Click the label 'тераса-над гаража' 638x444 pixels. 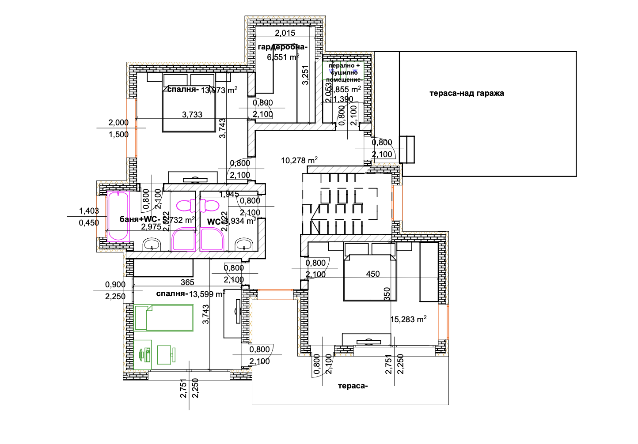(x=467, y=93)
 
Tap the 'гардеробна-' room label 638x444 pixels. (x=282, y=47)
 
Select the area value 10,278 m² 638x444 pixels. (x=299, y=160)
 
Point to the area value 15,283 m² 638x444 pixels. (x=408, y=319)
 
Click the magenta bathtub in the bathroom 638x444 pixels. (x=118, y=216)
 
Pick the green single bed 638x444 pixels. (x=164, y=318)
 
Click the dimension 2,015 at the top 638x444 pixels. (x=285, y=33)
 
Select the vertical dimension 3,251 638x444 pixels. (x=305, y=75)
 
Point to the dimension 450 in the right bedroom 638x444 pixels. (x=373, y=274)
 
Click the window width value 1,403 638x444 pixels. (x=89, y=211)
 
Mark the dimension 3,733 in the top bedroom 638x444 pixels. (x=192, y=115)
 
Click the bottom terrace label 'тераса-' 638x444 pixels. (x=353, y=386)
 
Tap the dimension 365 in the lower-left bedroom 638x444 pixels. (x=187, y=282)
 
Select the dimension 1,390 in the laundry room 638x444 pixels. (x=343, y=99)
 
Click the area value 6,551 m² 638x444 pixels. (x=283, y=57)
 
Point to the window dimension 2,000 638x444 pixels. (x=118, y=123)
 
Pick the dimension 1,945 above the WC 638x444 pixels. (x=229, y=194)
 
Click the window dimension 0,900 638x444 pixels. (x=115, y=285)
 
